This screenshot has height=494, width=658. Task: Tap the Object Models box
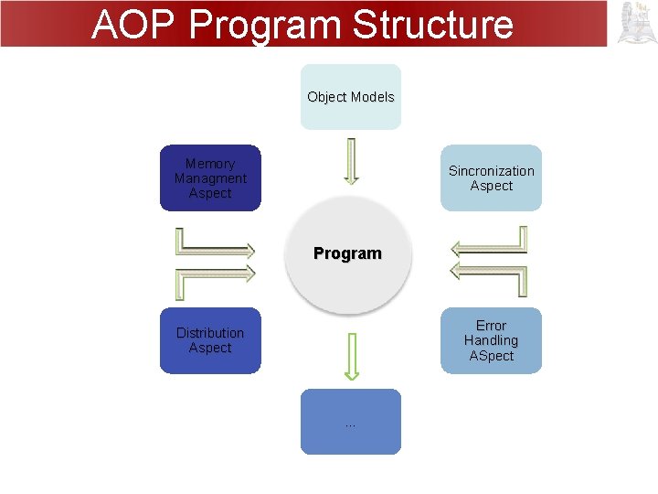click(x=351, y=97)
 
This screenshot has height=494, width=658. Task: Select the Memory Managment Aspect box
click(x=210, y=178)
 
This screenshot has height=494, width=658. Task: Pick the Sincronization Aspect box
click(x=491, y=178)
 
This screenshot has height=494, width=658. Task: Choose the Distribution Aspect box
click(x=210, y=340)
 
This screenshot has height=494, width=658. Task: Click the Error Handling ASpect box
click(x=491, y=340)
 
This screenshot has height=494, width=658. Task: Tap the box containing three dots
click(x=351, y=422)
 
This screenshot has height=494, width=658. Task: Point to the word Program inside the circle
click(x=347, y=253)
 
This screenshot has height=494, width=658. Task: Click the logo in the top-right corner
click(x=637, y=23)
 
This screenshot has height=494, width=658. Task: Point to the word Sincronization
click(x=491, y=171)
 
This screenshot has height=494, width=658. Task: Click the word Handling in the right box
click(x=491, y=340)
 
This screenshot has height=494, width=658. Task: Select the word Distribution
click(x=210, y=333)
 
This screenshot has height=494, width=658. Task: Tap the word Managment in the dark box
click(x=210, y=178)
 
